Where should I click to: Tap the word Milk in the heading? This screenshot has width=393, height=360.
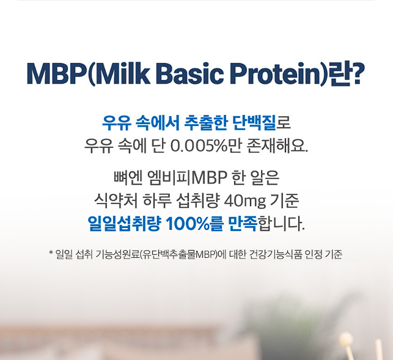(119, 74)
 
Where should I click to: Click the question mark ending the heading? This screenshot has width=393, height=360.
(358, 74)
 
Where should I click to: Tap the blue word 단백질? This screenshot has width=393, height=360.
(254, 123)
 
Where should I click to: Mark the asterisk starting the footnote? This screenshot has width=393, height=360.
(51, 253)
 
